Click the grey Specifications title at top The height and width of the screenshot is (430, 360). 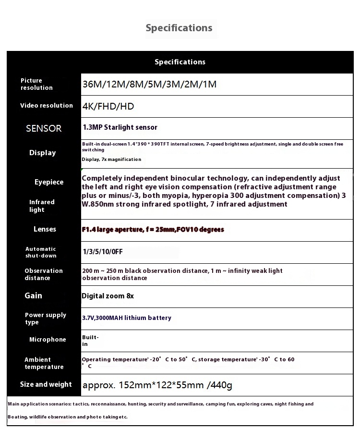click(x=179, y=28)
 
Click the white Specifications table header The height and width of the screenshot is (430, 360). click(x=180, y=62)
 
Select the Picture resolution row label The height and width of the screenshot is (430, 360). click(x=36, y=84)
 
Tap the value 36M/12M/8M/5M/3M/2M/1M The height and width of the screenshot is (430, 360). click(x=149, y=85)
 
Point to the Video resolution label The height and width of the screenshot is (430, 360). click(x=47, y=106)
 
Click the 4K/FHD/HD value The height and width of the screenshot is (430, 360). click(x=108, y=107)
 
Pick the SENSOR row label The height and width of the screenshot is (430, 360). click(x=44, y=128)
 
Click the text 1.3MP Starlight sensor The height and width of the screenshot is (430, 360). click(x=120, y=127)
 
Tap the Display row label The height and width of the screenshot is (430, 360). click(x=43, y=153)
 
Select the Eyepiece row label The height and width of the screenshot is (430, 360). click(x=49, y=182)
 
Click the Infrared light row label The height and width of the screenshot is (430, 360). click(x=42, y=206)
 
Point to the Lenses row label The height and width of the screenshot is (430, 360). click(x=45, y=229)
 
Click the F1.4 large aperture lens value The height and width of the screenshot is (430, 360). click(x=153, y=230)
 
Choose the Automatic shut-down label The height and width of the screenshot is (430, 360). click(x=41, y=252)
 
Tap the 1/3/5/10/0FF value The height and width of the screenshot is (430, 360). click(x=102, y=251)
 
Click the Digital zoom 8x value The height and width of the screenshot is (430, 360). click(x=108, y=296)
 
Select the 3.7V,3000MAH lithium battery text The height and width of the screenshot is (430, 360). click(x=127, y=318)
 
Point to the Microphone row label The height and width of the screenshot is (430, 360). click(x=48, y=340)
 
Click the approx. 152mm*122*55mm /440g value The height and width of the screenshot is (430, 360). click(x=157, y=385)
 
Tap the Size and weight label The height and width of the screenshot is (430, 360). click(x=46, y=384)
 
